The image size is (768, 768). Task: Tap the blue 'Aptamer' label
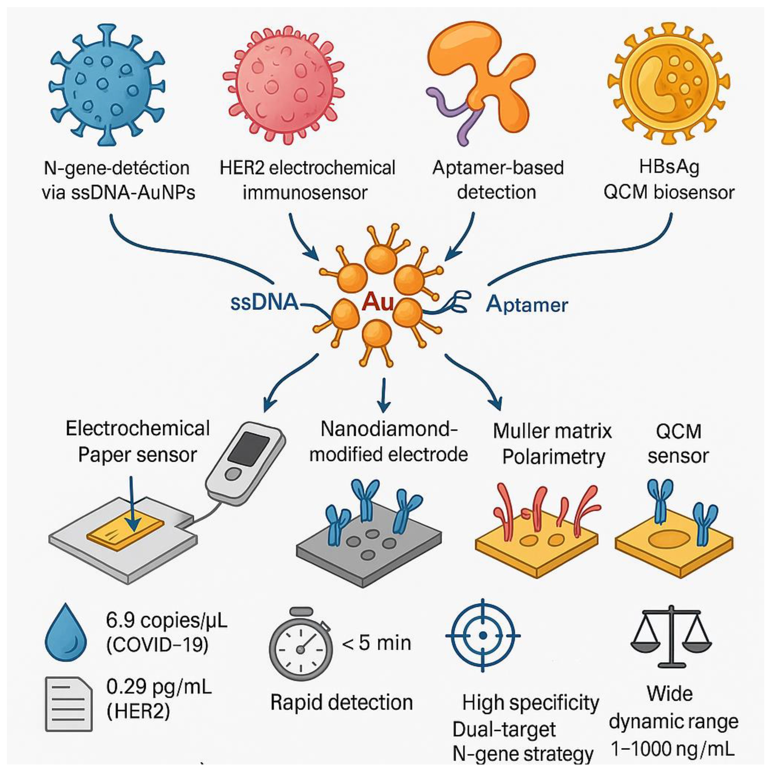click(x=527, y=305)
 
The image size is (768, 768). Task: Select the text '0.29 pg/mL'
click(x=159, y=687)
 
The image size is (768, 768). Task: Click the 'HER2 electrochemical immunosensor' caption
click(x=307, y=180)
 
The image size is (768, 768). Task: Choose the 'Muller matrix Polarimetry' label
click(x=552, y=444)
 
